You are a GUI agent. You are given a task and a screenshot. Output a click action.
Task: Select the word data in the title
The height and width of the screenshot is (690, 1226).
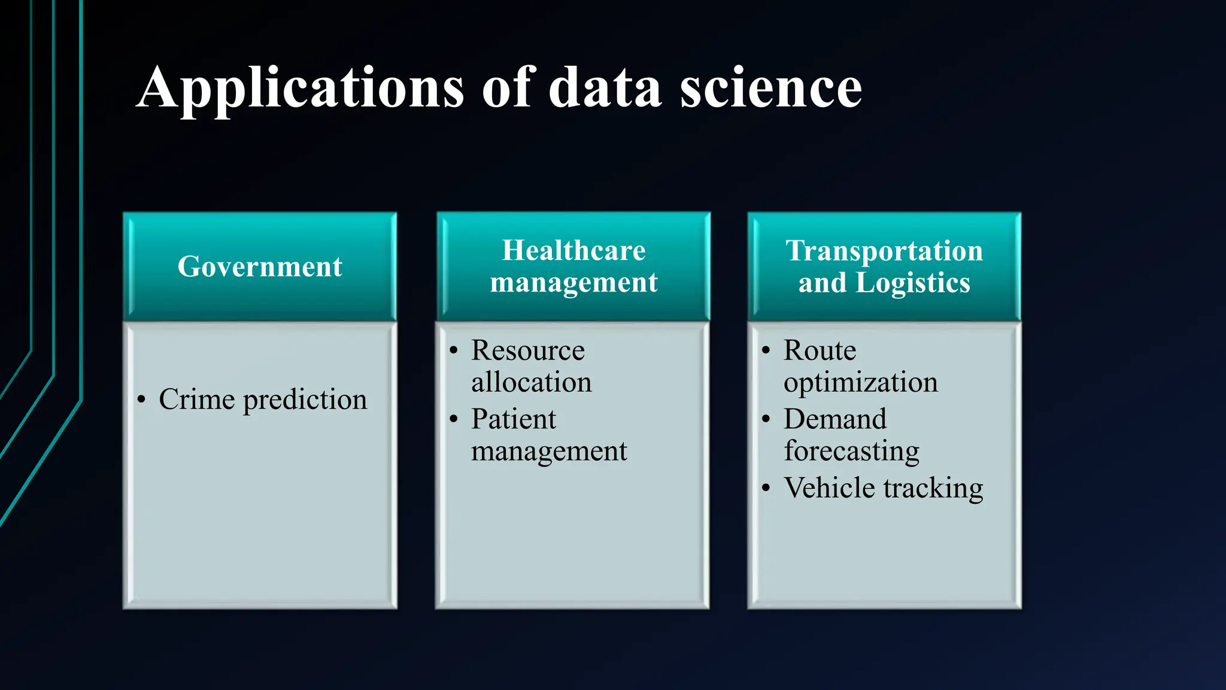pyautogui.click(x=605, y=89)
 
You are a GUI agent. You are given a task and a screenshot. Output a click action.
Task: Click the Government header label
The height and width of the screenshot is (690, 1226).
pyautogui.click(x=260, y=267)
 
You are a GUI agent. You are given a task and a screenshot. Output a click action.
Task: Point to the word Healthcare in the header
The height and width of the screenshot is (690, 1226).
pyautogui.click(x=573, y=250)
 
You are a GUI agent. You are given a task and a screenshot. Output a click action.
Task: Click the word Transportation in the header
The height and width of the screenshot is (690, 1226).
pyautogui.click(x=884, y=250)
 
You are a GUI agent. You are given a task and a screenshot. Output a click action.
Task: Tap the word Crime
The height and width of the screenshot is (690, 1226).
pyautogui.click(x=196, y=400)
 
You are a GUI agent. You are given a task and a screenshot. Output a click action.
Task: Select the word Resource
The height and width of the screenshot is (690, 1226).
pyautogui.click(x=527, y=350)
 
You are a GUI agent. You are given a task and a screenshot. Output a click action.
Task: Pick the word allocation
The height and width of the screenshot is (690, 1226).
pyautogui.click(x=531, y=382)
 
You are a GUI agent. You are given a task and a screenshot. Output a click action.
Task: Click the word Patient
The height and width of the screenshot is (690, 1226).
pyautogui.click(x=514, y=419)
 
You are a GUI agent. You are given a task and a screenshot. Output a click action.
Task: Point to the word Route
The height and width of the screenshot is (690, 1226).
pyautogui.click(x=820, y=350)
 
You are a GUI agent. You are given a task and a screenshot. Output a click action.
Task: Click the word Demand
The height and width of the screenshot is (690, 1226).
pyautogui.click(x=835, y=419)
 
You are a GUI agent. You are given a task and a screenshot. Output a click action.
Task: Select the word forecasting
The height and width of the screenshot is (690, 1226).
pyautogui.click(x=851, y=452)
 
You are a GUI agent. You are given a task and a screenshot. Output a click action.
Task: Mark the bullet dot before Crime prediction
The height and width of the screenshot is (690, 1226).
pyautogui.click(x=141, y=400)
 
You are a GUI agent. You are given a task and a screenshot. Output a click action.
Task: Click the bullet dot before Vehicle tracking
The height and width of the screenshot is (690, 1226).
pyautogui.click(x=766, y=488)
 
